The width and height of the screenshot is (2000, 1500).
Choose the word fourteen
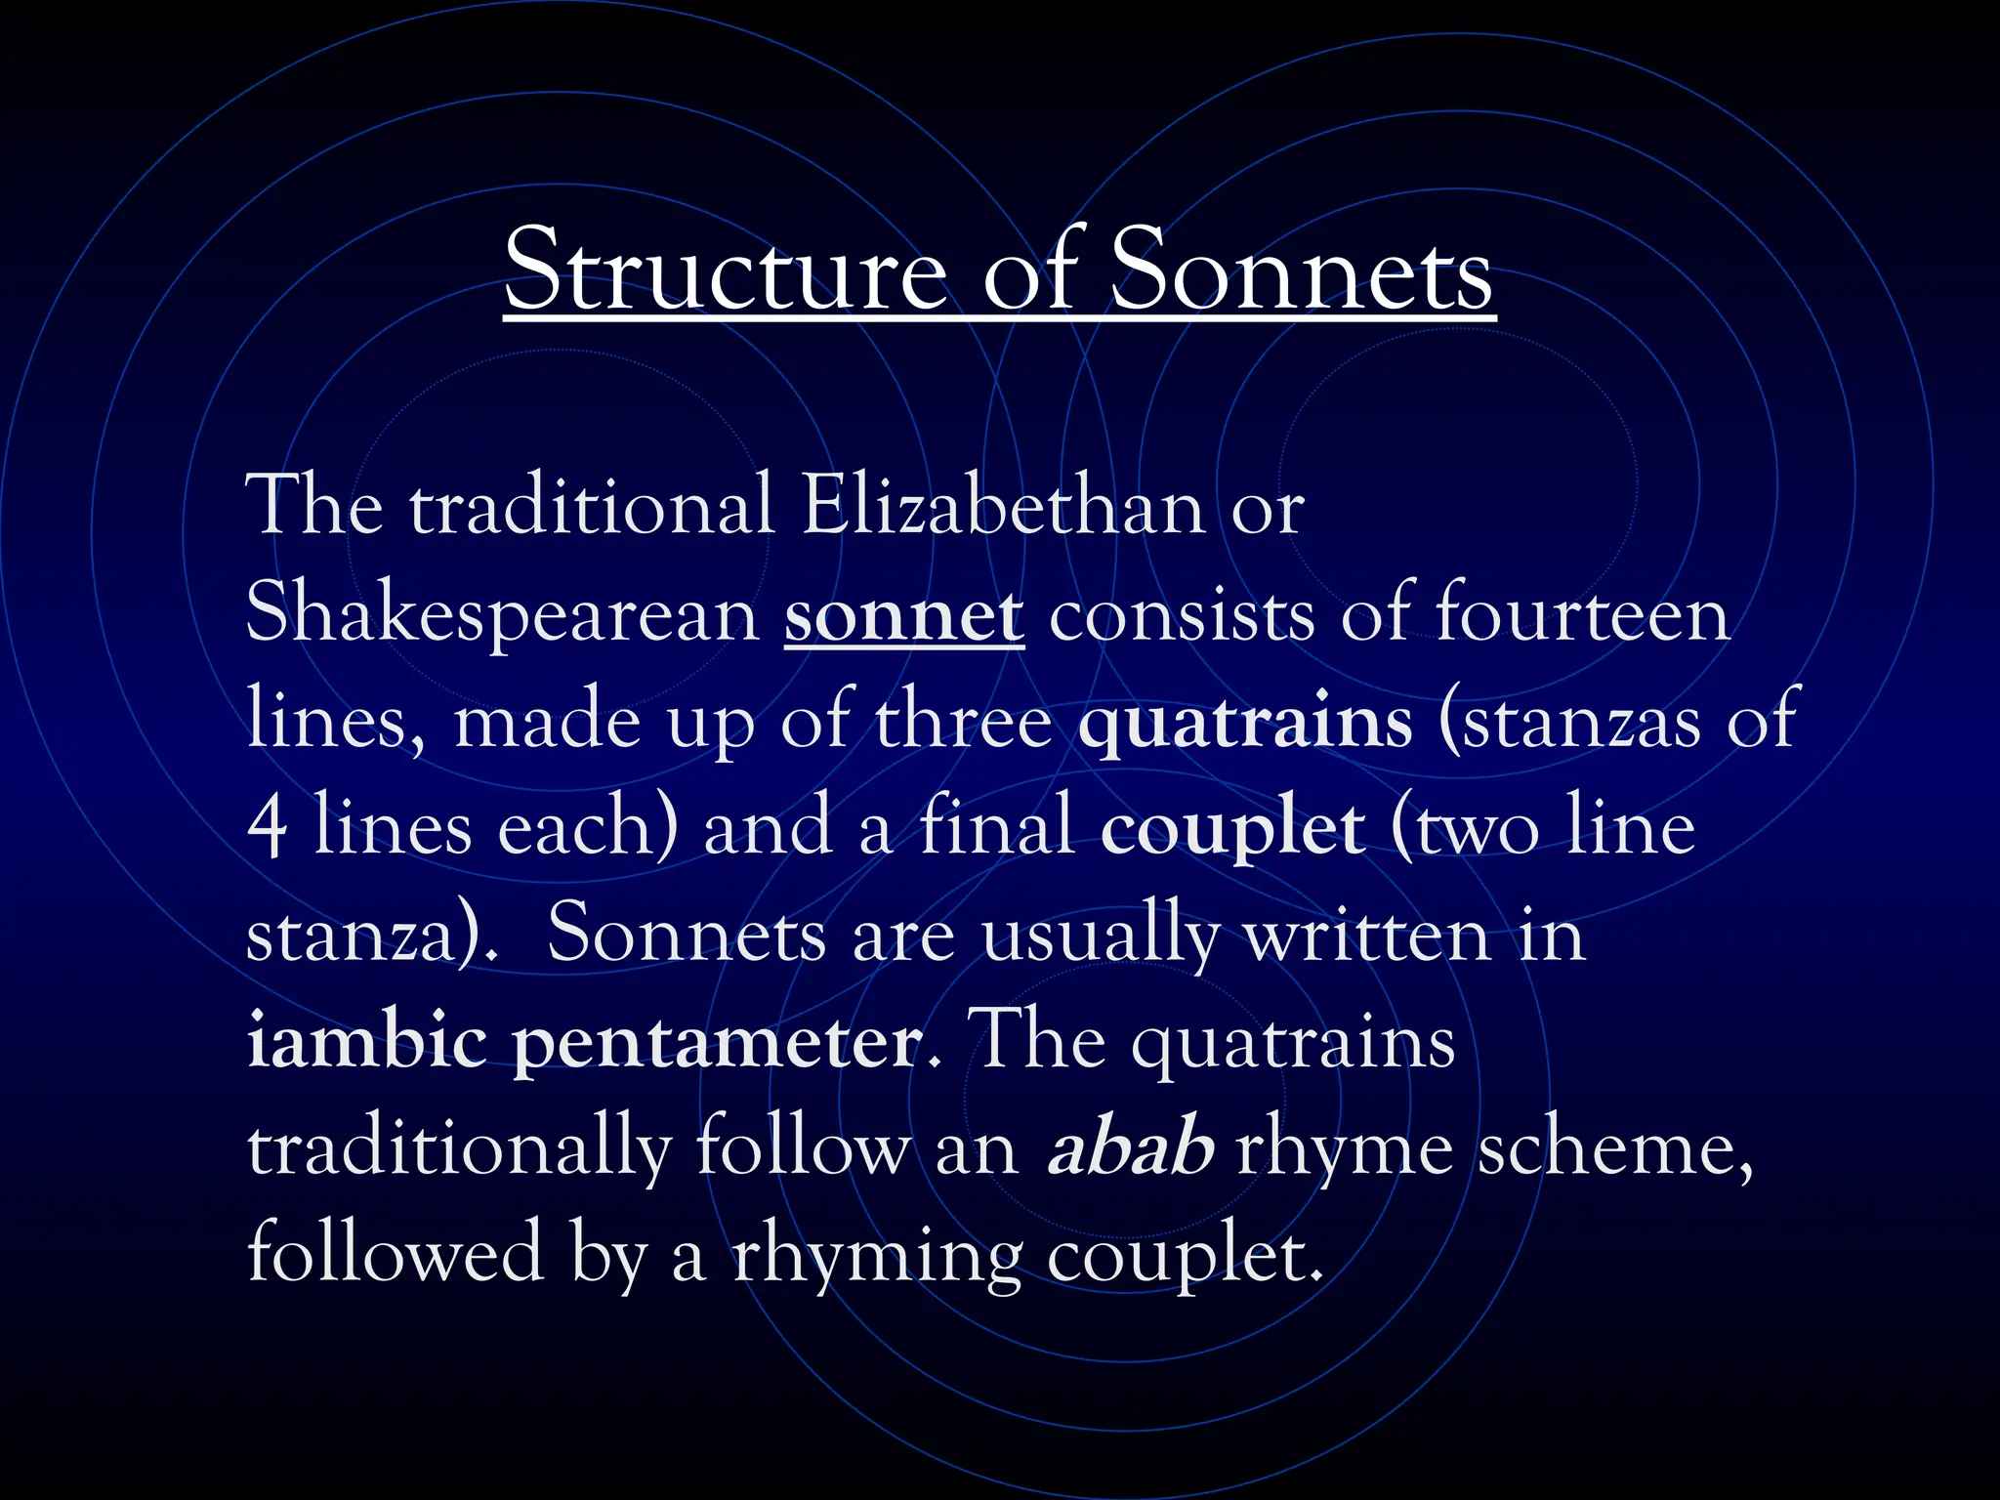[x=1582, y=614]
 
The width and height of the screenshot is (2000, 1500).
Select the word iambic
[x=367, y=1041]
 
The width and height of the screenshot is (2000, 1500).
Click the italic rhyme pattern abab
[x=1130, y=1148]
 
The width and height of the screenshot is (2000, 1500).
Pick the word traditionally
[x=459, y=1148]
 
